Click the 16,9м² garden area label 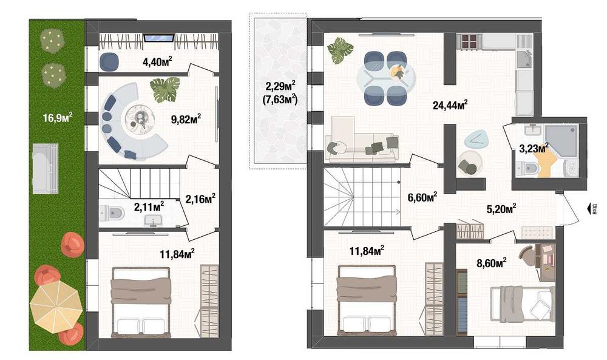coord(58,117)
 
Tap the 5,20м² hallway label coord(500,208)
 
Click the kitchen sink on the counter coord(523,59)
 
